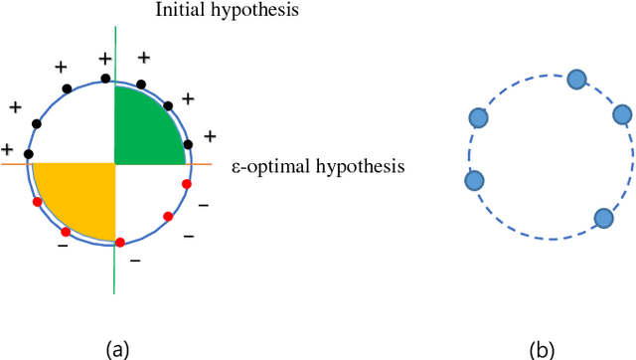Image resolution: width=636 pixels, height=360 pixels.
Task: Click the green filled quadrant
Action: tap(147, 127)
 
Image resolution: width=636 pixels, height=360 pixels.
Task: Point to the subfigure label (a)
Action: tap(117, 348)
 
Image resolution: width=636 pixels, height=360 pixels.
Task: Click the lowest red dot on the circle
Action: tap(120, 242)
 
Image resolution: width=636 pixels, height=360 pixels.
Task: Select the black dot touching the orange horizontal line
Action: tap(28, 154)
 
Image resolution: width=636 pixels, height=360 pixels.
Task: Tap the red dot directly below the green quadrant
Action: tap(186, 183)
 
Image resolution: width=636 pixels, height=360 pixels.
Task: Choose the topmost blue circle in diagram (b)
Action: tap(575, 80)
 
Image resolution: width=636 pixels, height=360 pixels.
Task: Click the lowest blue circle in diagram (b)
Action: tap(603, 219)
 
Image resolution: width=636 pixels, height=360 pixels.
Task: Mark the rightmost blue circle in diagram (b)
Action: tap(623, 114)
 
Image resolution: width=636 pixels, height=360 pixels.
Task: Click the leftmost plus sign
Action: tap(7, 148)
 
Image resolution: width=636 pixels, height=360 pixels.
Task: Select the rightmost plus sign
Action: tap(211, 135)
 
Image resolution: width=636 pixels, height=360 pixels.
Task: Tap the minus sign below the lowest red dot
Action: tap(135, 261)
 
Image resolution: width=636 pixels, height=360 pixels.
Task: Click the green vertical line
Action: tap(114, 269)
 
